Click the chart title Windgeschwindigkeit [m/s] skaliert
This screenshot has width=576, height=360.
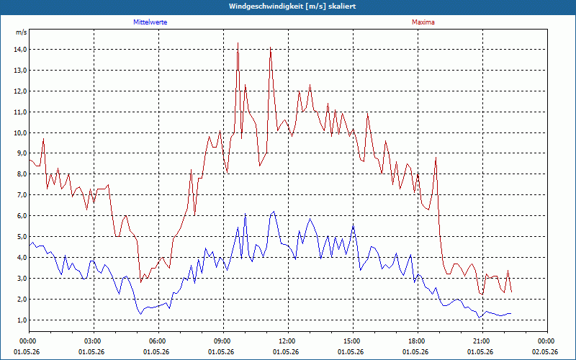pyautogui.click(x=292, y=6)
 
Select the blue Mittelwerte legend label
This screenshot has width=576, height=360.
pyautogui.click(x=150, y=22)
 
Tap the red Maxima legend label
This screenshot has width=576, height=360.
pyautogui.click(x=423, y=22)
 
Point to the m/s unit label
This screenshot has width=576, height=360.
pyautogui.click(x=21, y=32)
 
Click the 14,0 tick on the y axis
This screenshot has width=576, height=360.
pyautogui.click(x=20, y=50)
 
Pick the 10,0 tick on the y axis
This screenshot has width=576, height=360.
pyautogui.click(x=20, y=133)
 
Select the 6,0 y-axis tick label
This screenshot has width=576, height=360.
pyautogui.click(x=21, y=216)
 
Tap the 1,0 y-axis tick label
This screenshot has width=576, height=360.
pyautogui.click(x=21, y=320)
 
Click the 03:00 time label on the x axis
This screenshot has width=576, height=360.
pyautogui.click(x=94, y=341)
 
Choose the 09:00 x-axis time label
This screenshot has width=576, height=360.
pyautogui.click(x=224, y=341)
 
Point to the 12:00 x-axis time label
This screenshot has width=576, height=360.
pyautogui.click(x=289, y=341)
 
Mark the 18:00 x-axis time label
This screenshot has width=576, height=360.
pyautogui.click(x=418, y=341)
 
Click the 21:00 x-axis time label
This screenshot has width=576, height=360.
pyautogui.click(x=482, y=341)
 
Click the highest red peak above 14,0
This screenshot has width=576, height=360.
pyautogui.click(x=238, y=43)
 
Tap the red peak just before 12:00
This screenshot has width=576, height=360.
pyautogui.click(x=271, y=48)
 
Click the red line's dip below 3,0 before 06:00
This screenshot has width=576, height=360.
pyautogui.click(x=140, y=282)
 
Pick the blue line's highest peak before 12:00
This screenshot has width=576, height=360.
pyautogui.click(x=274, y=212)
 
